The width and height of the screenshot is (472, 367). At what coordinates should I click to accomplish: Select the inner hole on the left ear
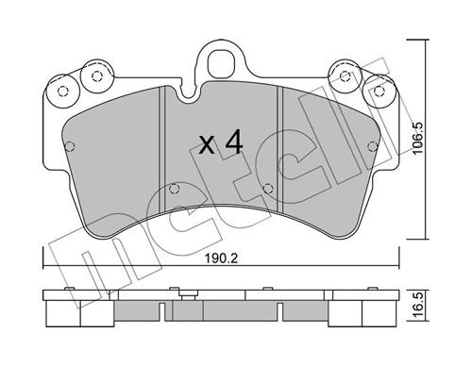94,75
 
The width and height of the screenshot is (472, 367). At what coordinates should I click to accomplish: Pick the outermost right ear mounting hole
382,92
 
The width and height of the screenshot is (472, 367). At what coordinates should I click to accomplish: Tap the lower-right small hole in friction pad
270,186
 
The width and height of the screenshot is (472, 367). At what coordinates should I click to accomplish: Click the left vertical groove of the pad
166,142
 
